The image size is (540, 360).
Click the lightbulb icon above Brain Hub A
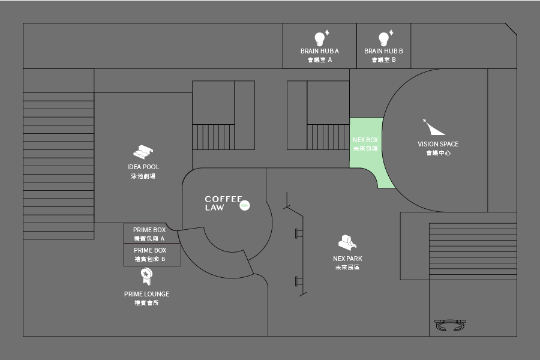coord(320,38)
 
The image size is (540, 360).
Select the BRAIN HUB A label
coord(320,51)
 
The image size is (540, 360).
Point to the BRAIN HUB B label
coord(383,51)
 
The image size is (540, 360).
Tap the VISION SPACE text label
coord(438,144)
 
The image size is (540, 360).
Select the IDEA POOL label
coord(143,167)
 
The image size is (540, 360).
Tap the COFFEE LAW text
coord(223,203)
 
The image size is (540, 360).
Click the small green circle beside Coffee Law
coord(244,205)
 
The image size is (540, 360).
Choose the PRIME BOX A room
coord(149,233)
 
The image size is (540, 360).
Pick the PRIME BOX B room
coord(149,254)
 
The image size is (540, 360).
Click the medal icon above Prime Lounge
coord(146,276)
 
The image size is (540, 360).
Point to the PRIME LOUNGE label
coord(146,294)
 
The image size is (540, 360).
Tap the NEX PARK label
coord(347,259)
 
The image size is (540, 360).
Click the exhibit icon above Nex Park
coord(347,242)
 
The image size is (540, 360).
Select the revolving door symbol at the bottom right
coord(450,326)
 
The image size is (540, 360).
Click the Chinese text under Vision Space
coord(438,153)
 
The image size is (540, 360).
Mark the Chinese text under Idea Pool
coord(143,176)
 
